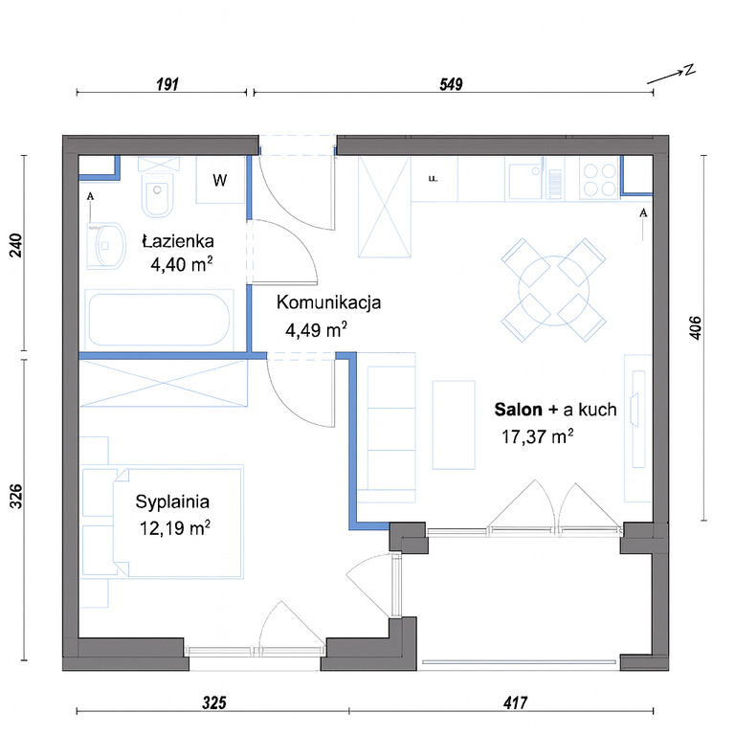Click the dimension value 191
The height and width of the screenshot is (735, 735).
167,84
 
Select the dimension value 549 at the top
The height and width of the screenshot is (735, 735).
451,84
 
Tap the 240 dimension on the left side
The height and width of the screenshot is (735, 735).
16,245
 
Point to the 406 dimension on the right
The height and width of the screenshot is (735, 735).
696,327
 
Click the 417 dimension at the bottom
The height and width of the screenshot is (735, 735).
515,702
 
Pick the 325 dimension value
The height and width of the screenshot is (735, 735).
214,702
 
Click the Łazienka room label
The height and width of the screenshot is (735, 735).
178,241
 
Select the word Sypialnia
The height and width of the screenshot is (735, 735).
172,502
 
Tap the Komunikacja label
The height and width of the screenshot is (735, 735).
328,302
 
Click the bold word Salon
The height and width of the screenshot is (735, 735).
518,410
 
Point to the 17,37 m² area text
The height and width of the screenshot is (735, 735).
538,436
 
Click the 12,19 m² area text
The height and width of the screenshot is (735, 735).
175,528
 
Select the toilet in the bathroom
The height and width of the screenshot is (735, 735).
158,188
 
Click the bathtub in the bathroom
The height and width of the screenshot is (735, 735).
159,320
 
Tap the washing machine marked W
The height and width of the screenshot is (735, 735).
220,180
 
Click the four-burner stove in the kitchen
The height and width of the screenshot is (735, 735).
599,179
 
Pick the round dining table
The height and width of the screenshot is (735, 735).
553,291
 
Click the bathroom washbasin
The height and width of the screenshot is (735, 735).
106,245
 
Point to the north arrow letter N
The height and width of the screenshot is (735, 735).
689,70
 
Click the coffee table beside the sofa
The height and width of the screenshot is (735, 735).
454,425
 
